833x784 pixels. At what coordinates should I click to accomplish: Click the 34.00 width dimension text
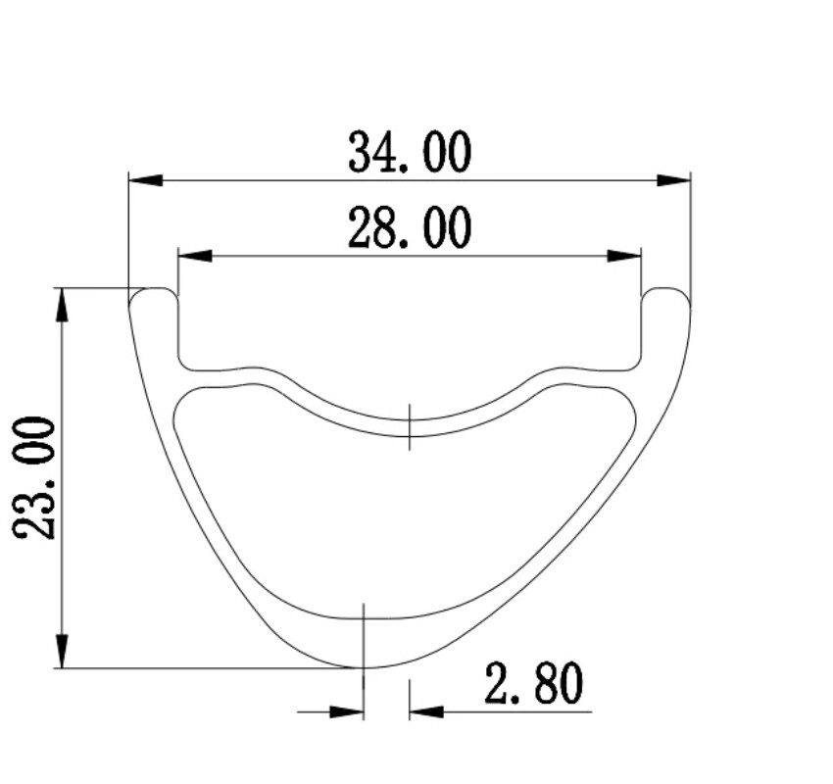tap(410, 153)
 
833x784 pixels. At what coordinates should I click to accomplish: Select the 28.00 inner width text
tap(410, 228)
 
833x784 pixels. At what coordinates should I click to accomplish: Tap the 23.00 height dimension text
tap(34, 478)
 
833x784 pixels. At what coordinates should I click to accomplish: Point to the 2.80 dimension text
tap(533, 684)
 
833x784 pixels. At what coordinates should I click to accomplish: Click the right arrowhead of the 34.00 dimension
tap(673, 180)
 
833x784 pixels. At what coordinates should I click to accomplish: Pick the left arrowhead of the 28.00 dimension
tap(195, 256)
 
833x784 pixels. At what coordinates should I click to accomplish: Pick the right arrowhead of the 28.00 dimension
tap(624, 256)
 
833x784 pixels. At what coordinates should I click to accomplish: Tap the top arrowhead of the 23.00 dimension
tap(62, 305)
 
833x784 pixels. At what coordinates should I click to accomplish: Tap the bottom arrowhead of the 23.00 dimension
tap(62, 651)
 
